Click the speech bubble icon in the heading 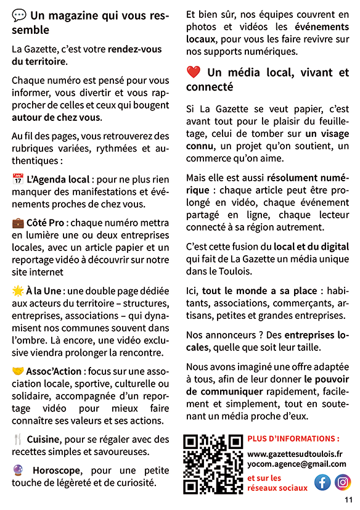click(19, 15)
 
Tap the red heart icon click(194, 73)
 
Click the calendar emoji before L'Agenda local click(18, 179)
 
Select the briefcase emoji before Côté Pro click(18, 223)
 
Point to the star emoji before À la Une click(18, 290)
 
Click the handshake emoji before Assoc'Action click(18, 371)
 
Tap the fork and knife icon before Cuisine click(18, 440)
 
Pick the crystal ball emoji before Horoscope click(18, 469)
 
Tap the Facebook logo click(322, 482)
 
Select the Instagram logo click(343, 482)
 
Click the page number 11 click(348, 500)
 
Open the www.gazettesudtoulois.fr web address click(295, 454)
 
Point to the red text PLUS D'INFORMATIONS click(293, 438)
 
